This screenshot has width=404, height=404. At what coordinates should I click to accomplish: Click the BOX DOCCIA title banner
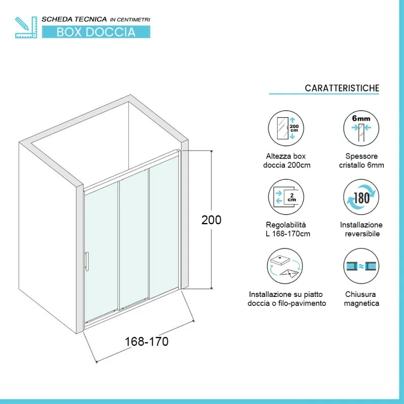coord(96,32)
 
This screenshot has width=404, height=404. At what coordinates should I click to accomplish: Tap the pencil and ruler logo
coord(26,27)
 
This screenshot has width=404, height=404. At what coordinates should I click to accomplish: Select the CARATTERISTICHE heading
coord(342,88)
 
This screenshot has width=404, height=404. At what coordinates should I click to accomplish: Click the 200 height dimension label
coord(211,220)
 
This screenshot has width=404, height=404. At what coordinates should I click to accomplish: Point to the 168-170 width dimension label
coord(146,342)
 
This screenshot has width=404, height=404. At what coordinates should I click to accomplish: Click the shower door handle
coord(87,261)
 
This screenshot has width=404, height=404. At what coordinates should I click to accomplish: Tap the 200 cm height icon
coord(286,128)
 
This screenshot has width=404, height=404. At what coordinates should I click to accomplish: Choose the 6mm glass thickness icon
coord(361,128)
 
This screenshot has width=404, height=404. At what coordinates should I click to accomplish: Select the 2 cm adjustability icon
coord(286,197)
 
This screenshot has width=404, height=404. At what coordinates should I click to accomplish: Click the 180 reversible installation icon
coord(361,197)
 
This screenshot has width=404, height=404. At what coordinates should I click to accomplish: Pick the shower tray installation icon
coord(285,266)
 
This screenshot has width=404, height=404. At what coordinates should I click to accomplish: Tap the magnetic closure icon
coord(361,266)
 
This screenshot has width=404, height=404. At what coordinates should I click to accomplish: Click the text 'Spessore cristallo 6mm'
coord(362,161)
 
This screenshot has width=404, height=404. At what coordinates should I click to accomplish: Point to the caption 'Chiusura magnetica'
coord(361,298)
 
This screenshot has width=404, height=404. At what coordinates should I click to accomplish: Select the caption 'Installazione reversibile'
coord(361,229)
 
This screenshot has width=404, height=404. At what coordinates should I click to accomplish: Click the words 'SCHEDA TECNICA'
coord(74,19)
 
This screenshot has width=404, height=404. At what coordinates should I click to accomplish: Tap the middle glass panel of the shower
coord(134,238)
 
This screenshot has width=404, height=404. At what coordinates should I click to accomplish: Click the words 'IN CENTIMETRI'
coord(130,20)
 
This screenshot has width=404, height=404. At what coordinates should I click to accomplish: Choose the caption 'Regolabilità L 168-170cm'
coord(287,229)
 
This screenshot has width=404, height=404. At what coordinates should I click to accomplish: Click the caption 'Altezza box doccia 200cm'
coord(286,161)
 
